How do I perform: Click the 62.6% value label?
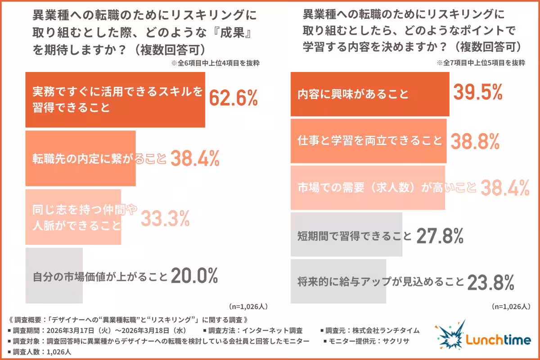pyautogui.click(x=234, y=98)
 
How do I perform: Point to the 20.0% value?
pyautogui.click(x=194, y=276)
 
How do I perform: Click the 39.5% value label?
pyautogui.click(x=477, y=93)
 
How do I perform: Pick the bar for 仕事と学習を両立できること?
pyautogui.click(x=369, y=141)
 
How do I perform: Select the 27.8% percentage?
pyautogui.click(x=440, y=235)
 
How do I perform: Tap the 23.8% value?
pyautogui.click(x=490, y=283)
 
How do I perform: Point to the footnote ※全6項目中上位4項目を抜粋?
pyautogui.click(x=215, y=63)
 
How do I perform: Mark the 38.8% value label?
pyautogui.click(x=475, y=141)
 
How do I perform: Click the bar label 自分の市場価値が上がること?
pyautogui.click(x=100, y=276)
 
